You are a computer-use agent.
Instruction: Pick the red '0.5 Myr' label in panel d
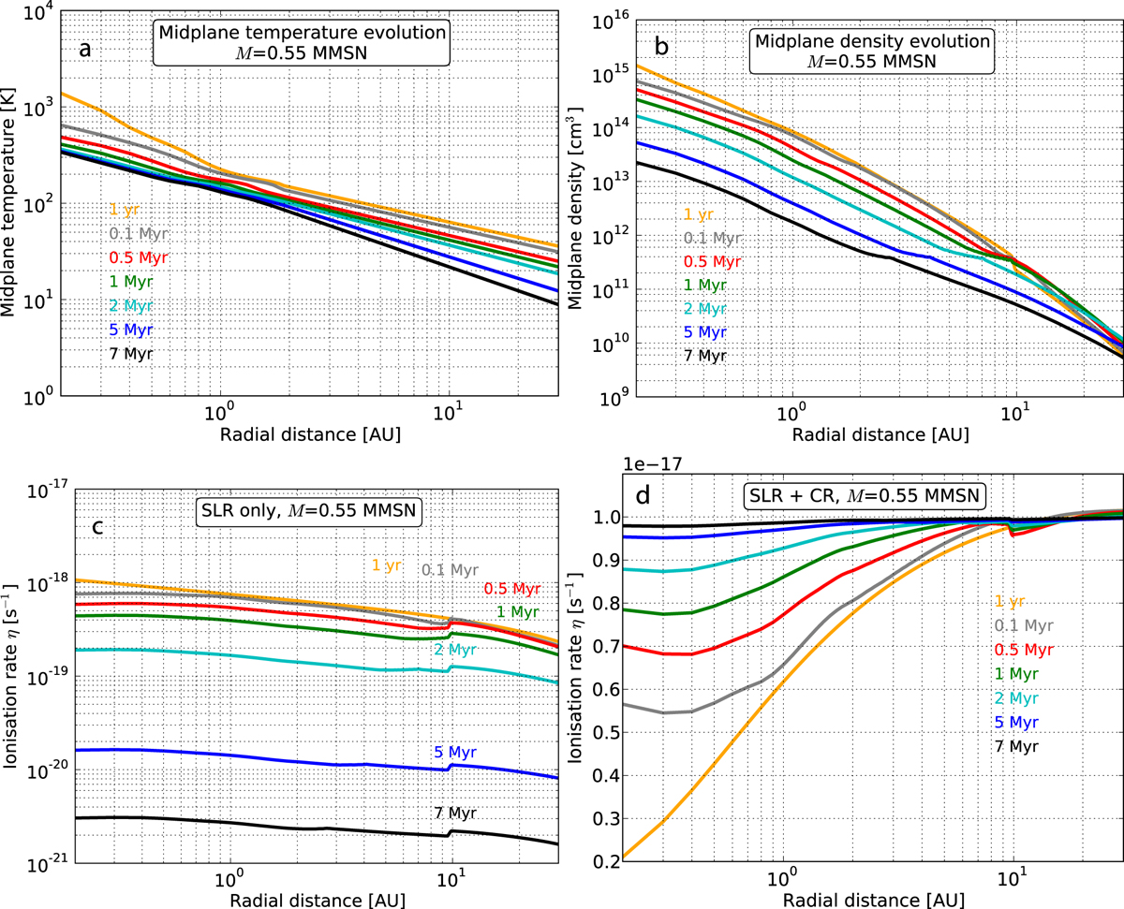[x=1029, y=652]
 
